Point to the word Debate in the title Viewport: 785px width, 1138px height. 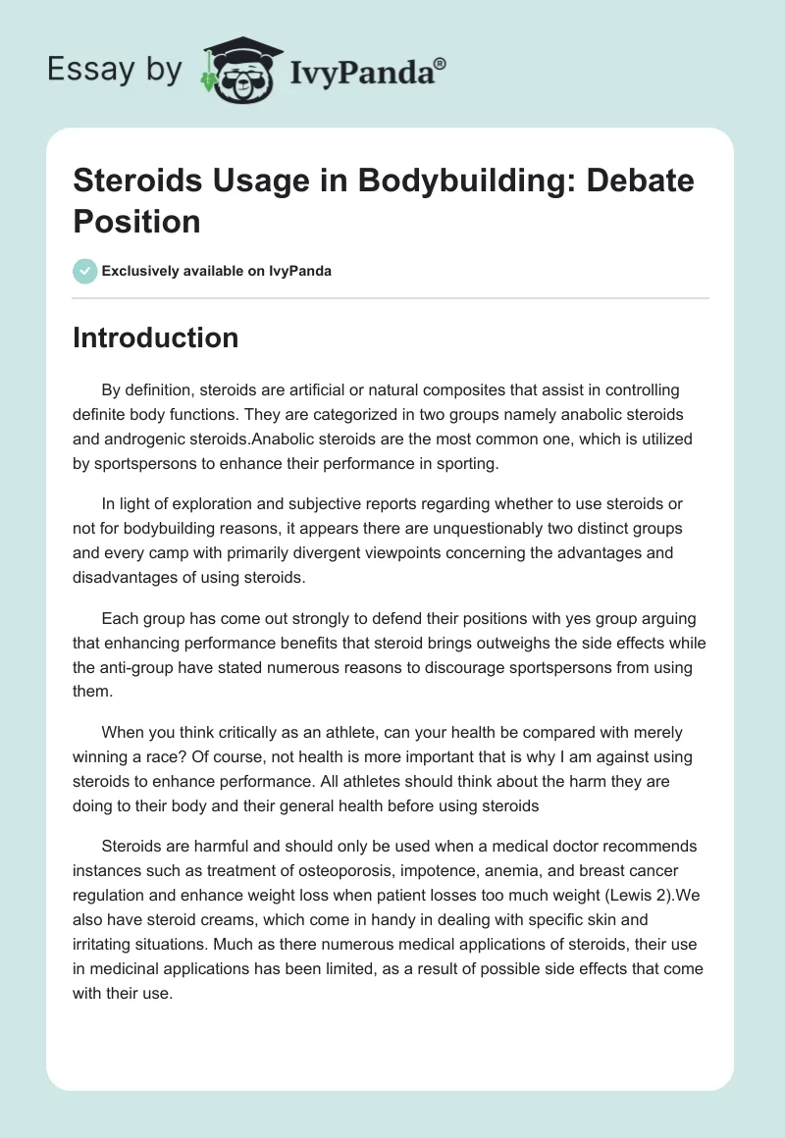point(640,181)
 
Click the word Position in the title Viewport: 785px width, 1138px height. point(136,222)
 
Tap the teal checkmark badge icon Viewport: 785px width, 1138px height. point(85,271)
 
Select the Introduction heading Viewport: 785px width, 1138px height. point(156,337)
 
